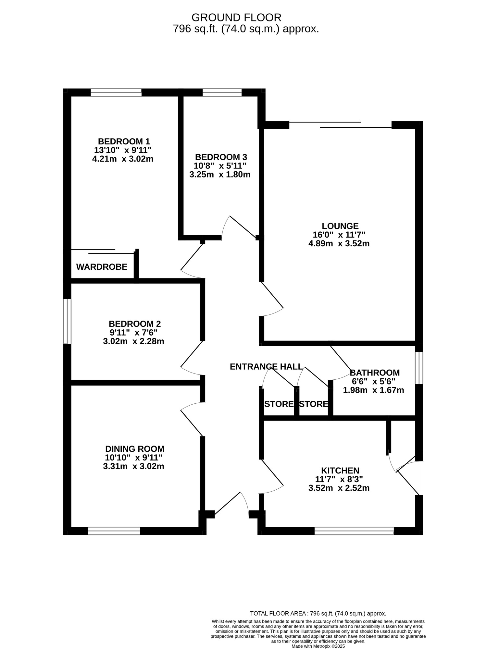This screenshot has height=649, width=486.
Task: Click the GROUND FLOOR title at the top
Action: point(236,17)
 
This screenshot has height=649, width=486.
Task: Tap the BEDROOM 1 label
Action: point(124,141)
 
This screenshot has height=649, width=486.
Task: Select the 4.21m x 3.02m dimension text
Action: point(123,159)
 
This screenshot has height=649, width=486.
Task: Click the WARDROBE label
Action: point(102,267)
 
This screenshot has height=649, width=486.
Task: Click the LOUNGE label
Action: point(340,226)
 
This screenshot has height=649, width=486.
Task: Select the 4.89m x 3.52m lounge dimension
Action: point(339,243)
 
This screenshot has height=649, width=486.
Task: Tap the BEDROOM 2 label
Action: point(135,324)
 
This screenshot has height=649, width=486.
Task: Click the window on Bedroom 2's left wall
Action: point(67,321)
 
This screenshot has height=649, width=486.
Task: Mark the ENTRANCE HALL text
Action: point(266,367)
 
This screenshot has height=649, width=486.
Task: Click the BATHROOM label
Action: point(374,373)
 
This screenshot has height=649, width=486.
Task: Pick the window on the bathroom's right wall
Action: point(419,368)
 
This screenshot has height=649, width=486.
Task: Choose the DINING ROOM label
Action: point(135,449)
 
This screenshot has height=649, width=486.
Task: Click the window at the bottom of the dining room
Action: point(114,531)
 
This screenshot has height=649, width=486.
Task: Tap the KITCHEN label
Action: point(340,471)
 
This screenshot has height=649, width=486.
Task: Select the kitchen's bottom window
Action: point(354,531)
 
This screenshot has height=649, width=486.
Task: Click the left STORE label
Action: point(279,404)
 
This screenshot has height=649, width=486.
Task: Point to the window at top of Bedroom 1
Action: point(116,93)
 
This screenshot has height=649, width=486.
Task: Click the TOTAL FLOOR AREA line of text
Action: point(318,614)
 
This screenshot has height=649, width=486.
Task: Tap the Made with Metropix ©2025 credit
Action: point(318,646)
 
